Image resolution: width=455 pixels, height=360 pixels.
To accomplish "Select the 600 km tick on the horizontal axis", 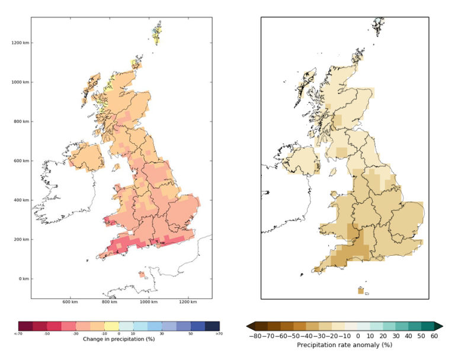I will click(x=71, y=304).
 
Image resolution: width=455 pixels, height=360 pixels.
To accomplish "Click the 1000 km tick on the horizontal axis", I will click(x=149, y=304).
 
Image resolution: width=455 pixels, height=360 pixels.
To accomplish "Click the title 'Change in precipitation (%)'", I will click(x=118, y=338).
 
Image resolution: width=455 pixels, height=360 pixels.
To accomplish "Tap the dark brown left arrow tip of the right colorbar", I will click(x=251, y=326).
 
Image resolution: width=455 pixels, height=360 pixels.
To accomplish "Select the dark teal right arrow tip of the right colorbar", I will click(x=439, y=326).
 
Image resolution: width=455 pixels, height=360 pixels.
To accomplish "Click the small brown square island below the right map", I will click(x=360, y=291).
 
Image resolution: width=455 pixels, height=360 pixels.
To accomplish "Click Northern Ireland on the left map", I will click(x=86, y=156).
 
